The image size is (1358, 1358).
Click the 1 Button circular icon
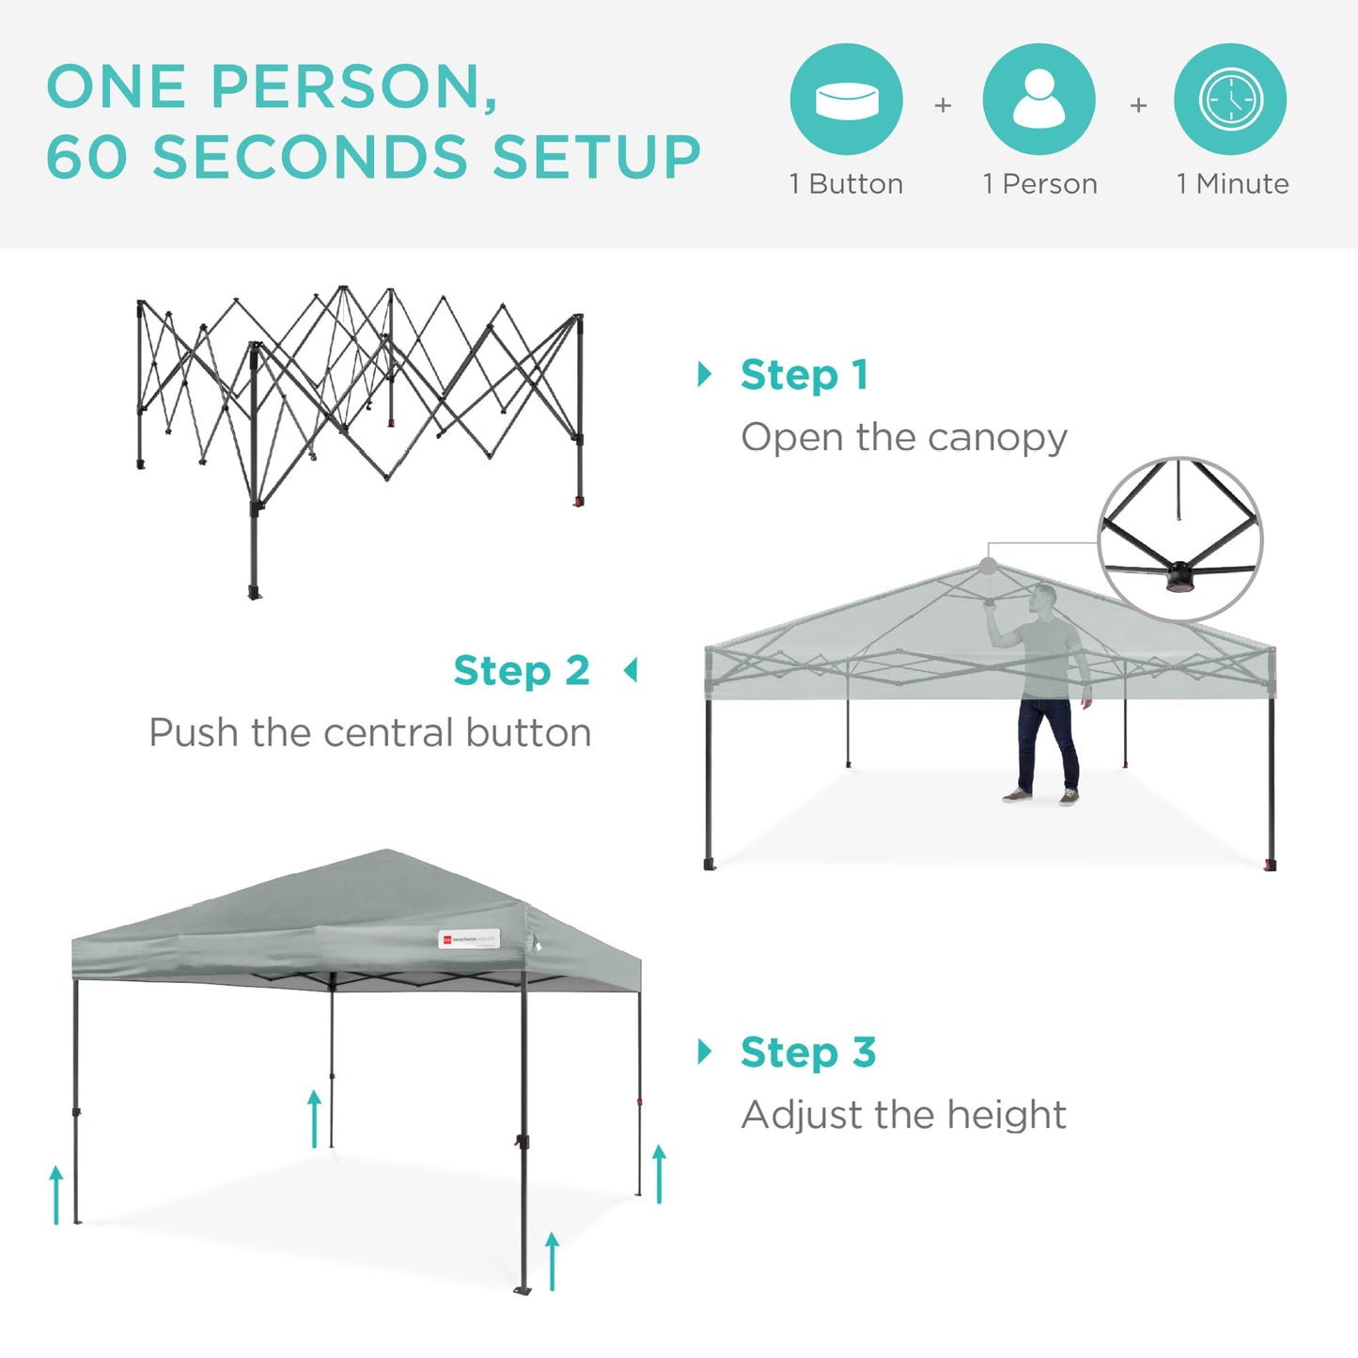(x=846, y=100)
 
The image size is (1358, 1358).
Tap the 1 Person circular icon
(x=1038, y=100)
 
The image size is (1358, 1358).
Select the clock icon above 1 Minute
(x=1230, y=100)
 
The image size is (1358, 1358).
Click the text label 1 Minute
(x=1232, y=184)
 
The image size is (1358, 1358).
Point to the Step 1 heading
(x=804, y=375)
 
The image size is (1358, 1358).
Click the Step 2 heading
(x=522, y=671)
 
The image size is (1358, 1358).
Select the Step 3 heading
(x=808, y=1053)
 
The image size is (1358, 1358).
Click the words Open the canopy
(x=904, y=438)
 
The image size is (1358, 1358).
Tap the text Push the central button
(x=370, y=733)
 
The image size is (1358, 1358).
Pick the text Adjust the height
(x=903, y=1116)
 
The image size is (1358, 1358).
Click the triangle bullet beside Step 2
(x=632, y=671)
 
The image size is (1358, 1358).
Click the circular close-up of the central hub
(x=1180, y=539)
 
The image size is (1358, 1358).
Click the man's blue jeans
(x=1047, y=742)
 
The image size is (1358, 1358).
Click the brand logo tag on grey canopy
(x=469, y=939)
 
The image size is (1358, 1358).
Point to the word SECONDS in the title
(x=310, y=157)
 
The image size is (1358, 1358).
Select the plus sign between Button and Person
(x=943, y=105)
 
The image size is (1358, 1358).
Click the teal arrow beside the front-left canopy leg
(x=56, y=1194)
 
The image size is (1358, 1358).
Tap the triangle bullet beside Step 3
(x=705, y=1052)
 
